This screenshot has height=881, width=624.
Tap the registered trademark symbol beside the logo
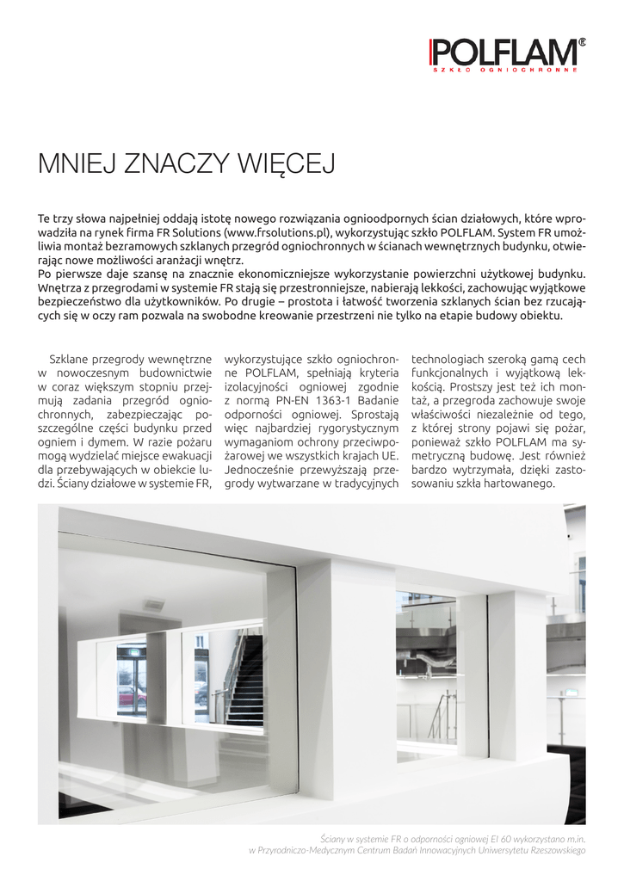pos(582,41)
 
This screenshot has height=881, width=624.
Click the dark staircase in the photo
pos(247,680)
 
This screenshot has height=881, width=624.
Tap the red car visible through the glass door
pos(132,695)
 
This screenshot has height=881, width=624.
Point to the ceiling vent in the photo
pos(154,605)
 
